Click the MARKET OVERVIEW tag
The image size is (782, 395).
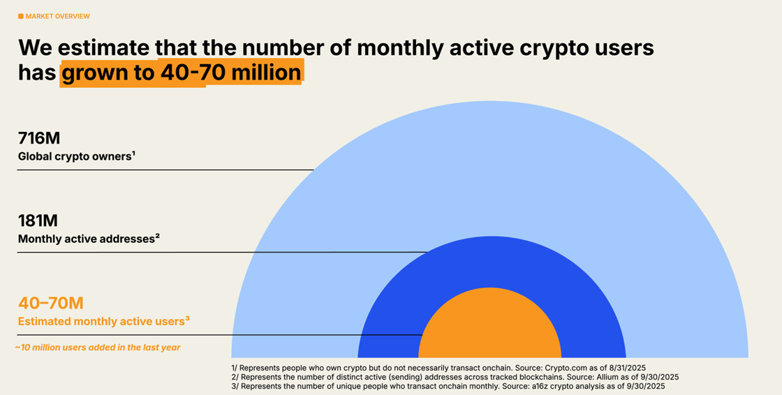57,16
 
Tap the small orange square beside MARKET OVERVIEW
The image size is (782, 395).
21,16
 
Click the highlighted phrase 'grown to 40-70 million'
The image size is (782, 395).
181,73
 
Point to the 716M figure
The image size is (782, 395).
39,138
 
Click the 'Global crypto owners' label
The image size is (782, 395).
75,156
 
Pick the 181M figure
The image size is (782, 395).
38,221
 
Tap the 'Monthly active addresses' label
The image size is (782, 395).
88,239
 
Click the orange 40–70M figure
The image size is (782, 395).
50,303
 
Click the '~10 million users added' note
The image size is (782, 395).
98,348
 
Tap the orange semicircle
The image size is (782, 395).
489,328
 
